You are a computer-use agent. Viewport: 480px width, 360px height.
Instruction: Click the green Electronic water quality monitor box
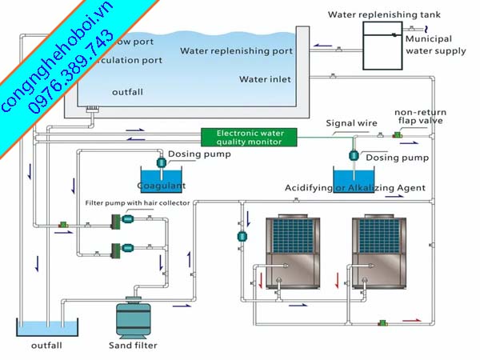248,138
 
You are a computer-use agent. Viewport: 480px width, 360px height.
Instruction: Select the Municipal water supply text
434,44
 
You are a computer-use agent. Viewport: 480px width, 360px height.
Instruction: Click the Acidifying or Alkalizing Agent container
353,178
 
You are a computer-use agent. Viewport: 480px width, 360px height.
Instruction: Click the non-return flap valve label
416,117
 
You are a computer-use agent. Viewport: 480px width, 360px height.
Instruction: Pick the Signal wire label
351,123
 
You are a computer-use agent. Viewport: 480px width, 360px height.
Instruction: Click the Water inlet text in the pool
265,79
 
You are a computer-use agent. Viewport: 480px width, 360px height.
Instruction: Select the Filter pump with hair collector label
137,203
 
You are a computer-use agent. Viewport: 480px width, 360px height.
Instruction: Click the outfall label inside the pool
127,92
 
